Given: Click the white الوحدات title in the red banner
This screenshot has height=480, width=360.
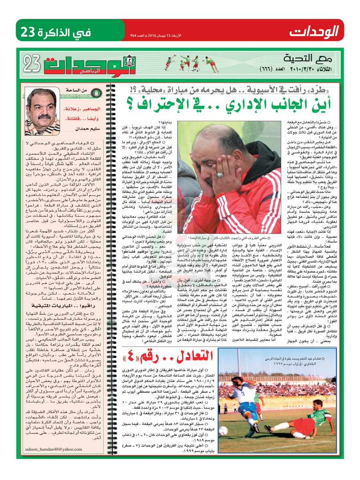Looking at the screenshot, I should click(x=314, y=30).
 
